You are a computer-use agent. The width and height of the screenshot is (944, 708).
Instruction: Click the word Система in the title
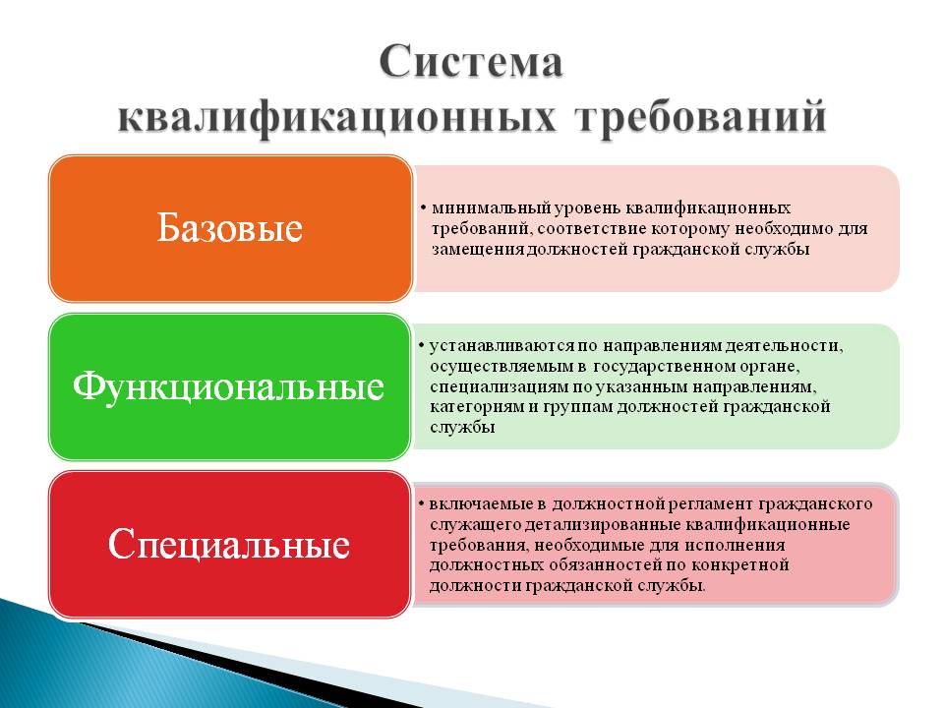[471, 63]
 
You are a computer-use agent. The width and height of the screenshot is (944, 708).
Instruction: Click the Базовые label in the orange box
[229, 229]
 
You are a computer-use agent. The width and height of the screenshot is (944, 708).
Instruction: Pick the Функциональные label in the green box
[229, 386]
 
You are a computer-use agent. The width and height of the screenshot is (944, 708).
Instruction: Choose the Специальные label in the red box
[229, 544]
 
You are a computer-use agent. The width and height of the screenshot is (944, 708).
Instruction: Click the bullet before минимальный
[422, 208]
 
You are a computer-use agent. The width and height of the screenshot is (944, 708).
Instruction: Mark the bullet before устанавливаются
[421, 346]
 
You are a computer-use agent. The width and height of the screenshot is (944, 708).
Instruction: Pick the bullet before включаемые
[421, 503]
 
